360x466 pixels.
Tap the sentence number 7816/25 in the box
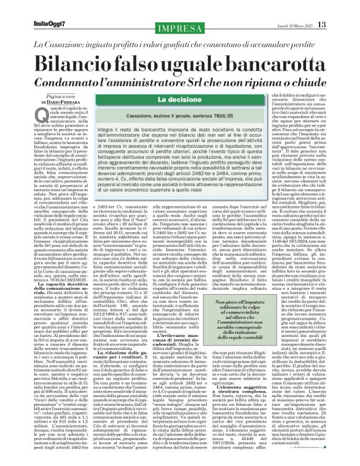pyautogui.click(x=230, y=115)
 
